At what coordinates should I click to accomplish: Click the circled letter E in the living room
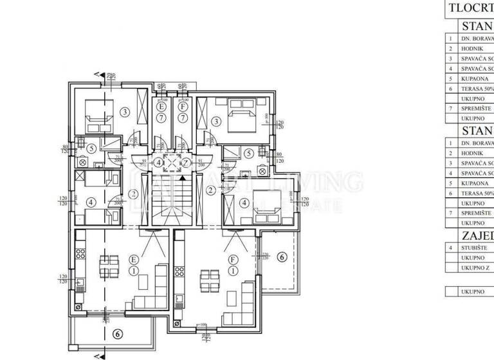[x=134, y=259]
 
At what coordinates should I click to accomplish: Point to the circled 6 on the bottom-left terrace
[x=116, y=334]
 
